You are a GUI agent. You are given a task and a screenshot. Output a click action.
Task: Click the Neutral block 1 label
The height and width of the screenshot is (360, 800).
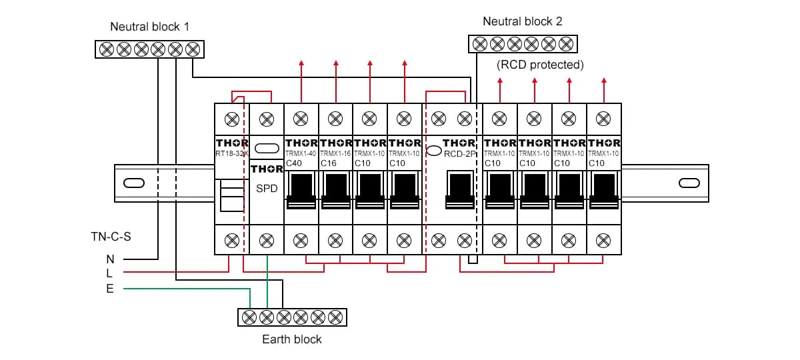(x=150, y=27)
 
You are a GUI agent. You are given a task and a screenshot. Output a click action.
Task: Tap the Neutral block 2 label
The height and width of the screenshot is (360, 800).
(x=523, y=21)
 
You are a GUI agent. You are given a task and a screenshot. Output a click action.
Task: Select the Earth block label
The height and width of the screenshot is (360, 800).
(x=292, y=339)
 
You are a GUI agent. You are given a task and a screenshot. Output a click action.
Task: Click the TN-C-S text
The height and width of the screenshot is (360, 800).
(x=111, y=237)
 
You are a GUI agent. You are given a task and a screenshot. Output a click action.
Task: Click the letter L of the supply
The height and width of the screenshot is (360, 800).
(x=109, y=273)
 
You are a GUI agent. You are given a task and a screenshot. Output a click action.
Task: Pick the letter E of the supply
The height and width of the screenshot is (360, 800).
(x=109, y=289)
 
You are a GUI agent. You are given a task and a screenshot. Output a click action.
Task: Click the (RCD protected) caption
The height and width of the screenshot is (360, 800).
(x=540, y=65)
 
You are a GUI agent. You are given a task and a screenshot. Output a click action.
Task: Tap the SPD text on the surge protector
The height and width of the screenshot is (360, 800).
(x=267, y=189)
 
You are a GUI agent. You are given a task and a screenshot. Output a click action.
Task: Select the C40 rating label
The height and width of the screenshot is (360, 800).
(x=294, y=163)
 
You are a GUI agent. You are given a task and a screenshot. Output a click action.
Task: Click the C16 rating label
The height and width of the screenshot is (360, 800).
(x=329, y=163)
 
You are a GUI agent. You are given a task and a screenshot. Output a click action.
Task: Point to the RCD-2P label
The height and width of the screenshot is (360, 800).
(x=461, y=154)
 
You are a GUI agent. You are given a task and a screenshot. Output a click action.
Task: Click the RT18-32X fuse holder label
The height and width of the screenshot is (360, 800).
(x=232, y=154)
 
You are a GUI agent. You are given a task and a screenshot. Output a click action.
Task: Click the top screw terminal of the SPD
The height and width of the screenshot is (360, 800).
(x=266, y=119)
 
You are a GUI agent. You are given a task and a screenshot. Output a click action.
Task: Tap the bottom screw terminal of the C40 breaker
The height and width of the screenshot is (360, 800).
(x=301, y=239)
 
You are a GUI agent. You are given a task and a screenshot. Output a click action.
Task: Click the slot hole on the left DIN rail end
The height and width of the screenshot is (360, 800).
(x=134, y=183)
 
